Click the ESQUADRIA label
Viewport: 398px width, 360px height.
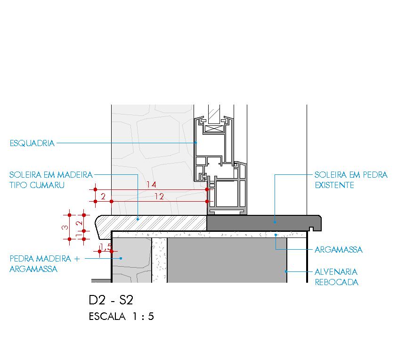pyautogui.click(x=32, y=143)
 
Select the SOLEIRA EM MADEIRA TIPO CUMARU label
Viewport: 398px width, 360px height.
pyautogui.click(x=51, y=180)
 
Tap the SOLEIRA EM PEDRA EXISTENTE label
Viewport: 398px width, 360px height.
pyautogui.click(x=351, y=180)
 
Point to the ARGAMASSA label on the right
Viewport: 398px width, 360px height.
pyautogui.click(x=338, y=250)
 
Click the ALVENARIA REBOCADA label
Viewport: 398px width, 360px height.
pyautogui.click(x=336, y=277)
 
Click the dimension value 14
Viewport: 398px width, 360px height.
pyautogui.click(x=151, y=185)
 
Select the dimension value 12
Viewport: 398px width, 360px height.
pyautogui.click(x=159, y=196)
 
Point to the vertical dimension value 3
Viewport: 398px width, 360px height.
pyautogui.click(x=65, y=227)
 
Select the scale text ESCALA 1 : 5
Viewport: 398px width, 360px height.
pyautogui.click(x=121, y=317)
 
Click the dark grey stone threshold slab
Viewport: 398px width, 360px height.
pyautogui.click(x=264, y=222)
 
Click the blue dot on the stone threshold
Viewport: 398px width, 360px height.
pyautogui.click(x=275, y=220)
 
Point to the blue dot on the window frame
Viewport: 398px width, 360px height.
pyautogui.click(x=196, y=142)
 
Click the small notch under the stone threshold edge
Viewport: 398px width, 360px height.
pyautogui.click(x=312, y=229)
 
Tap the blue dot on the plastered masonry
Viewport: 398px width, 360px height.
pyautogui.click(x=286, y=271)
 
